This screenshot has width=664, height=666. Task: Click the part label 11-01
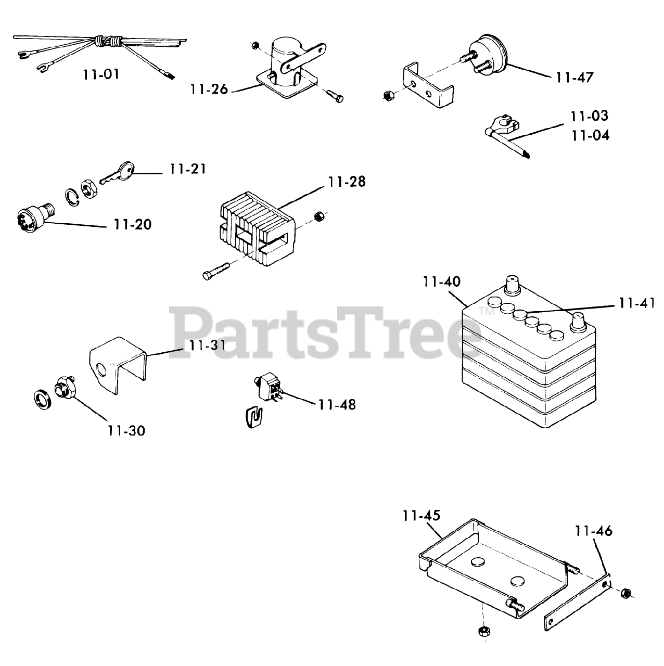click(101, 74)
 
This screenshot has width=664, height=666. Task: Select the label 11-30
click(126, 431)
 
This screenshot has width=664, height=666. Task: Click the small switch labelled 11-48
click(267, 389)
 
